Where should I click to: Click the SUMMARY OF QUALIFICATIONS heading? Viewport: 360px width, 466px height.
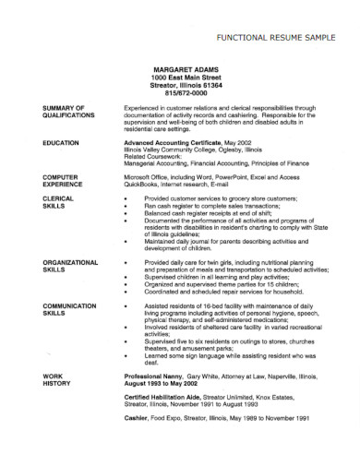68,113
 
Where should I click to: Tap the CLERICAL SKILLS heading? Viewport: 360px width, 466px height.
59,202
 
